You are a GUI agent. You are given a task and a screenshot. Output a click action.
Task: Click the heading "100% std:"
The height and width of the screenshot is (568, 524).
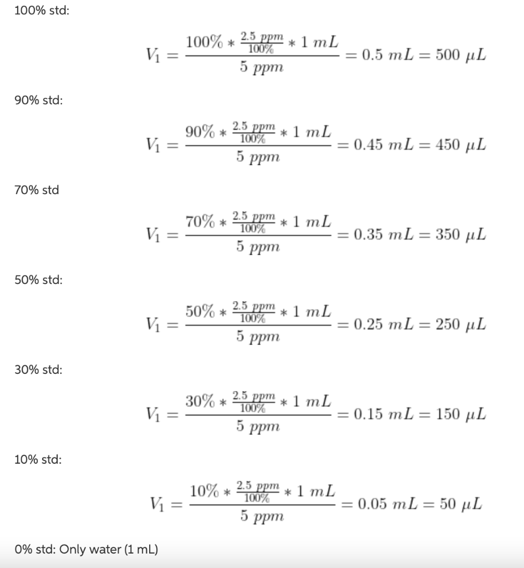pyautogui.click(x=42, y=11)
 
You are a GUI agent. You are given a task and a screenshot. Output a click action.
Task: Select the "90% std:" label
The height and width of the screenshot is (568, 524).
pyautogui.click(x=38, y=100)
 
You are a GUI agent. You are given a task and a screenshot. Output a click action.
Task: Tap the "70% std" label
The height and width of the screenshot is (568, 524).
pyautogui.click(x=37, y=190)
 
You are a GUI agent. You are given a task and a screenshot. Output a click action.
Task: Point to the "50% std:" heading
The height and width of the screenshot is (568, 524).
pyautogui.click(x=38, y=280)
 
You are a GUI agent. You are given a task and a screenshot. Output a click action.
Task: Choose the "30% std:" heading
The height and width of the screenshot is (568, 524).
pyautogui.click(x=38, y=369)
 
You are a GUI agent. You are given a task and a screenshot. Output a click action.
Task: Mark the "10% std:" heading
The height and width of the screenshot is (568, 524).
pyautogui.click(x=38, y=459)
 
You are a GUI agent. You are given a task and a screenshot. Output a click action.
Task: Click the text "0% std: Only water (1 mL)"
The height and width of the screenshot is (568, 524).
pyautogui.click(x=86, y=550)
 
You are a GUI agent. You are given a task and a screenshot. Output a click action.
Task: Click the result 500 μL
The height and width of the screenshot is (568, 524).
pyautogui.click(x=461, y=55)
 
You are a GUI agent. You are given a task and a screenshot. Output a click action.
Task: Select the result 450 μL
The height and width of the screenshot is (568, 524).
pyautogui.click(x=461, y=145)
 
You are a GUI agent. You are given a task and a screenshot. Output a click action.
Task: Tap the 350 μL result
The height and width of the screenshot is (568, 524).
pyautogui.click(x=461, y=235)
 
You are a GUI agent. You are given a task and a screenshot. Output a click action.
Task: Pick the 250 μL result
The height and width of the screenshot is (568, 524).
pyautogui.click(x=461, y=324)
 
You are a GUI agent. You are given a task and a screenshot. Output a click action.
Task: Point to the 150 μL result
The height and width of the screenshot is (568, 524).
pyautogui.click(x=461, y=414)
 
